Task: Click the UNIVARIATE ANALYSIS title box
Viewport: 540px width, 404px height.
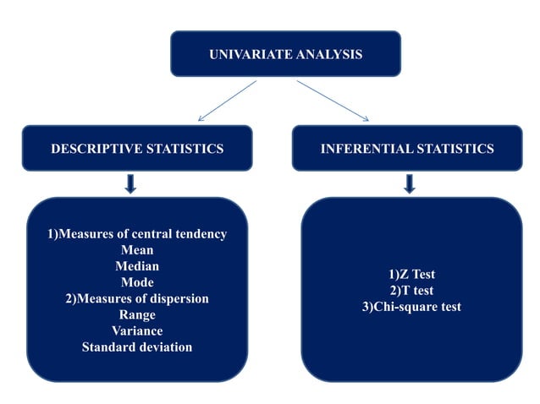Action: coord(285,54)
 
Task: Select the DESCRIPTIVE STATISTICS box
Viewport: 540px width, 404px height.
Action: coord(137,149)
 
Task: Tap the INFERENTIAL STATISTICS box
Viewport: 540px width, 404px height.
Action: coord(407,149)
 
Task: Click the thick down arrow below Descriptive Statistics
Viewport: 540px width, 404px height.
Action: coord(130,183)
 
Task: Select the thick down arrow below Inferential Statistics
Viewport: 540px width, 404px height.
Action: coord(410,183)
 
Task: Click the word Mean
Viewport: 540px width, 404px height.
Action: coord(137,250)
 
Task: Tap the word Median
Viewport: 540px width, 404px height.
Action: coord(137,266)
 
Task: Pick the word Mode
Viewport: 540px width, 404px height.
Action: coord(137,282)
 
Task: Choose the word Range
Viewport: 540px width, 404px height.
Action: coord(137,314)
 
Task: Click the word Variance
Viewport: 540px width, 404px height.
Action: coord(137,330)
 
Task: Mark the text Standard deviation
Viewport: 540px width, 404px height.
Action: coord(137,347)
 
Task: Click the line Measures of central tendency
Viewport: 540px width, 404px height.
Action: coord(137,234)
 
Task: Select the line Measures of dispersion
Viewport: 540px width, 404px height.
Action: coord(137,298)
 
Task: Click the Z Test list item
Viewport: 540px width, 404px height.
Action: coord(411,275)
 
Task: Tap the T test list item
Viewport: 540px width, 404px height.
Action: coord(411,291)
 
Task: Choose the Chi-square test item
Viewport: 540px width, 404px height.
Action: coord(411,307)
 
